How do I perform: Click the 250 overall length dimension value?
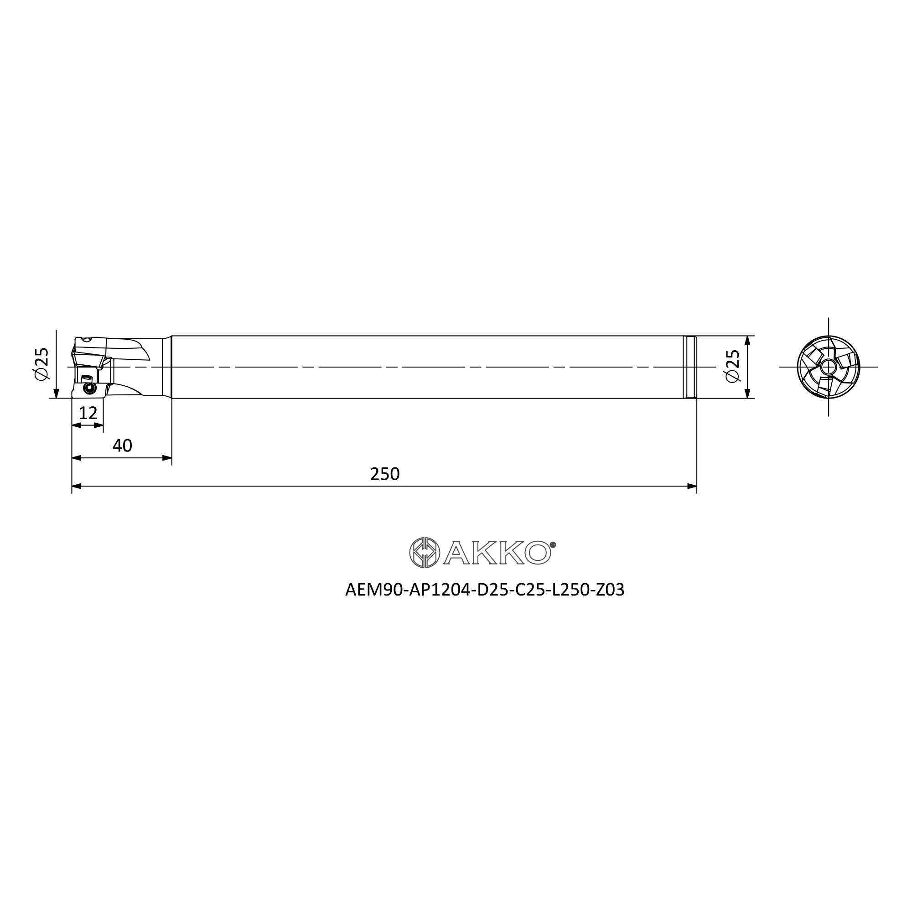(x=385, y=474)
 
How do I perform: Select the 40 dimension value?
(x=122, y=446)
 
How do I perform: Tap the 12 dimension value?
(x=88, y=414)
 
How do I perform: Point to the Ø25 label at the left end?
(x=41, y=363)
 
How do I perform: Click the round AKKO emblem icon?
(x=425, y=552)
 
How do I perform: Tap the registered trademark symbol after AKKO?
(x=553, y=544)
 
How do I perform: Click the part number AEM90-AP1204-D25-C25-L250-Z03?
(x=485, y=590)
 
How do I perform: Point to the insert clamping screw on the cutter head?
(x=88, y=388)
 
